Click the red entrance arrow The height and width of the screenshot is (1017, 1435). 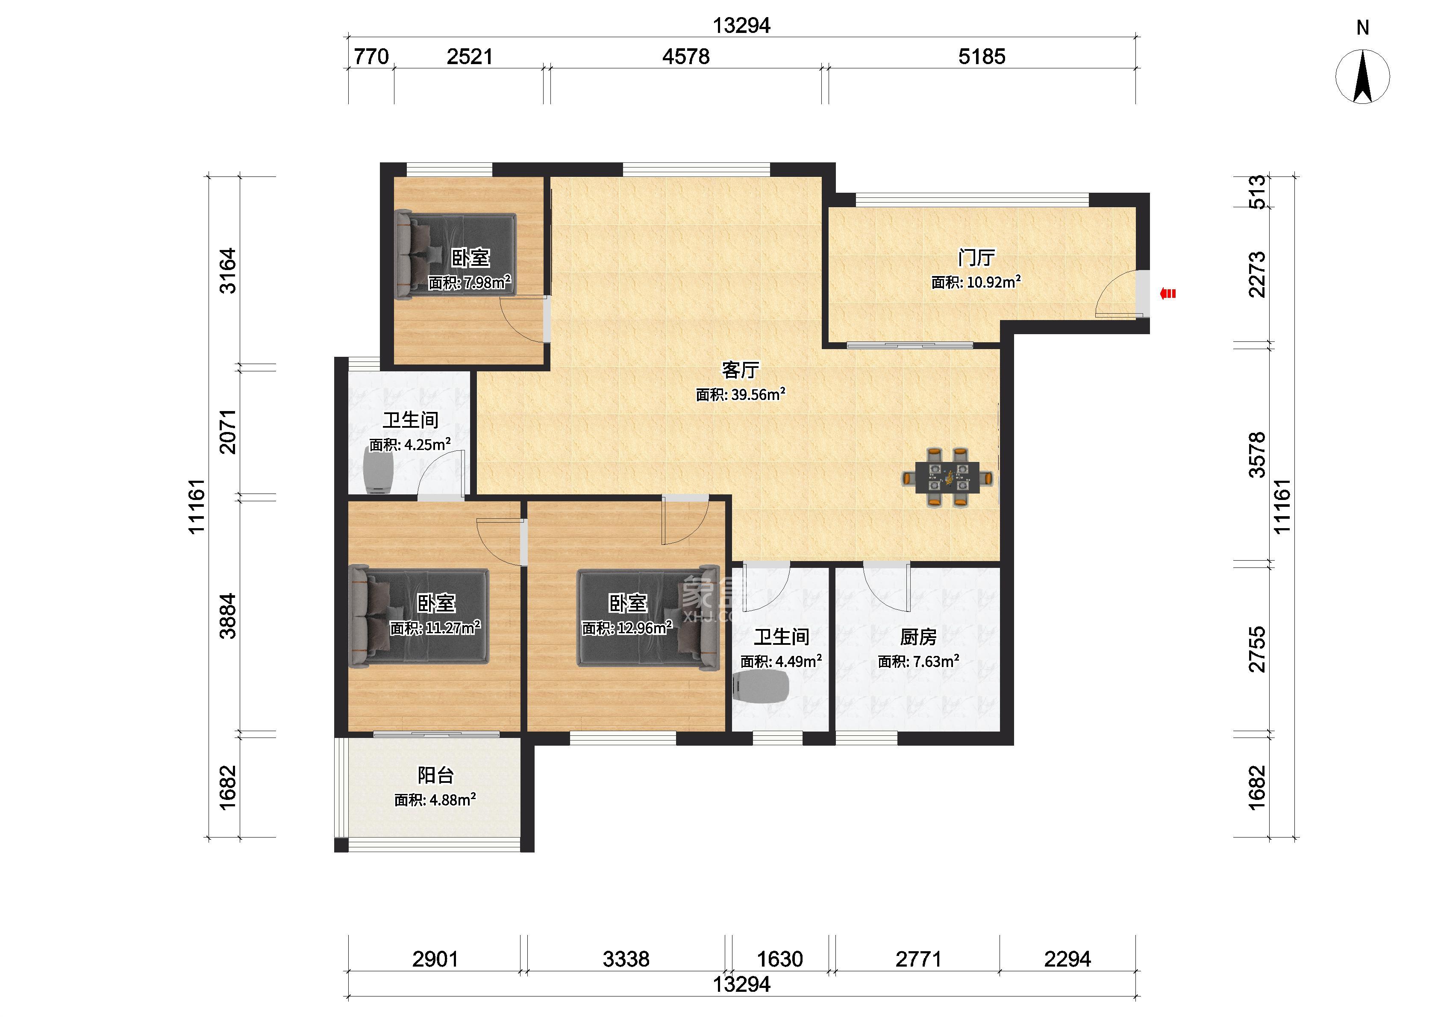[x=1167, y=293]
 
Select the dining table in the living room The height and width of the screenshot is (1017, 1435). [x=947, y=477]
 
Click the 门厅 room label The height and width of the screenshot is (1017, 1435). [x=976, y=257]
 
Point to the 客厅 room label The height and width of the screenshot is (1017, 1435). [x=741, y=370]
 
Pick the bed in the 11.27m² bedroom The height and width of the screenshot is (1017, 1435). [x=419, y=616]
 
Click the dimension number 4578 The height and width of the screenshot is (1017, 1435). [x=686, y=56]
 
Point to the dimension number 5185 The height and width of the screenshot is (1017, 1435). [x=982, y=56]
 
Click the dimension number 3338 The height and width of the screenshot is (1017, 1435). [x=626, y=959]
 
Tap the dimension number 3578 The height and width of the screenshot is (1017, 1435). [x=1257, y=455]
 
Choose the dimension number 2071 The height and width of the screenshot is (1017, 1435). [x=227, y=432]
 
